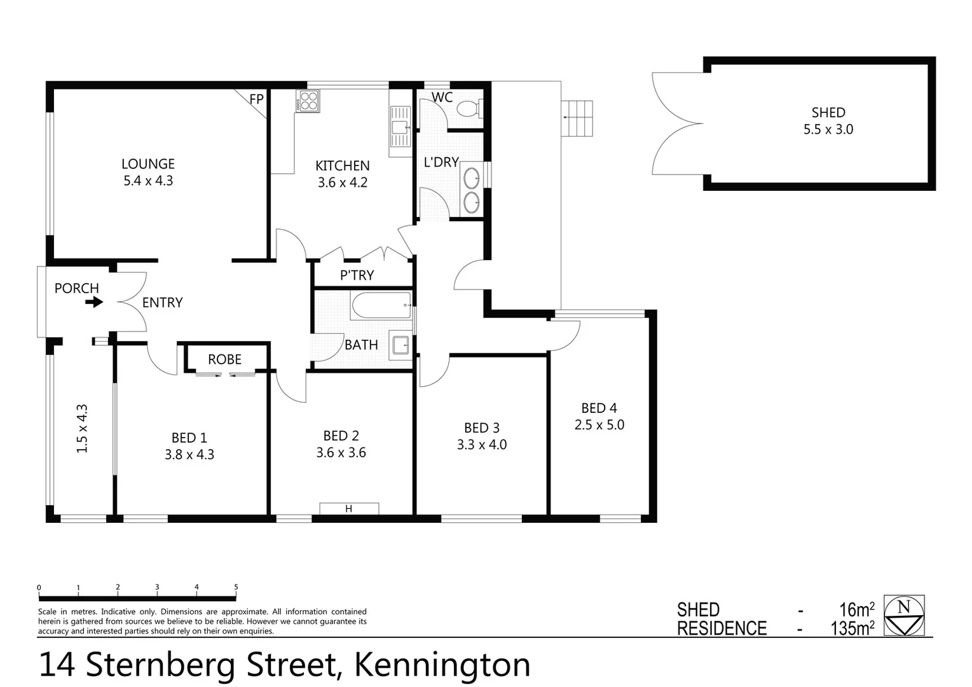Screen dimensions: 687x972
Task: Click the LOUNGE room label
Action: click(x=147, y=164)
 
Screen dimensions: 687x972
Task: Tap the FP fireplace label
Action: click(x=256, y=99)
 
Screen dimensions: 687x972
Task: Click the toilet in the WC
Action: click(x=470, y=109)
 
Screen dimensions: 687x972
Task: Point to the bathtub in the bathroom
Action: click(x=381, y=306)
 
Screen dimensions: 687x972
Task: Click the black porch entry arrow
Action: click(x=94, y=303)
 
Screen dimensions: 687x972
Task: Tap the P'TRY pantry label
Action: click(x=357, y=275)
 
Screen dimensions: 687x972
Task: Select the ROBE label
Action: click(x=224, y=359)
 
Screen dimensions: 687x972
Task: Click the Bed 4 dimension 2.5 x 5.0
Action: click(x=599, y=425)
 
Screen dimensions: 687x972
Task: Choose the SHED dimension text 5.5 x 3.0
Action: click(x=828, y=129)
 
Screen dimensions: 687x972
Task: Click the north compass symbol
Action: click(x=904, y=615)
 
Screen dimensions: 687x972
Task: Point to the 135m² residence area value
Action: click(x=852, y=628)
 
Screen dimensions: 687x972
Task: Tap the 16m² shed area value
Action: click(x=856, y=609)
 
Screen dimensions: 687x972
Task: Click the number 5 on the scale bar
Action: click(x=236, y=587)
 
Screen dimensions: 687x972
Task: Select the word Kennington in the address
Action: click(x=441, y=665)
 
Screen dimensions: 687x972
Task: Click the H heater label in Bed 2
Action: click(x=348, y=509)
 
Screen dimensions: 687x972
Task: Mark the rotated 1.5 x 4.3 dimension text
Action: click(x=82, y=429)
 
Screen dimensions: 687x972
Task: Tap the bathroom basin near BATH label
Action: click(x=401, y=345)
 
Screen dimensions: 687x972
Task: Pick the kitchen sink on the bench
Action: click(x=400, y=129)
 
